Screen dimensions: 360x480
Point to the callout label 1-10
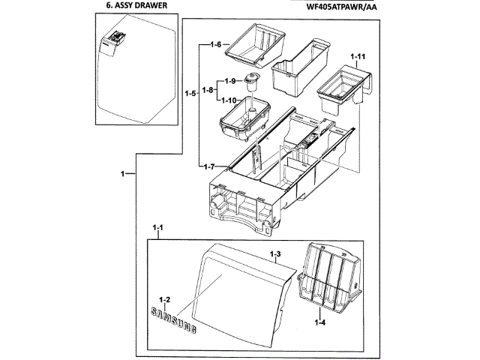[230, 100]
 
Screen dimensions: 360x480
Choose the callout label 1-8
[208, 90]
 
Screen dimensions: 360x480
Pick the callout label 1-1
[158, 226]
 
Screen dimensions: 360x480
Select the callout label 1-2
[164, 299]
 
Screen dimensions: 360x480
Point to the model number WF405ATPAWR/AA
[334, 6]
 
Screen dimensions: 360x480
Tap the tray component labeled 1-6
[257, 45]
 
